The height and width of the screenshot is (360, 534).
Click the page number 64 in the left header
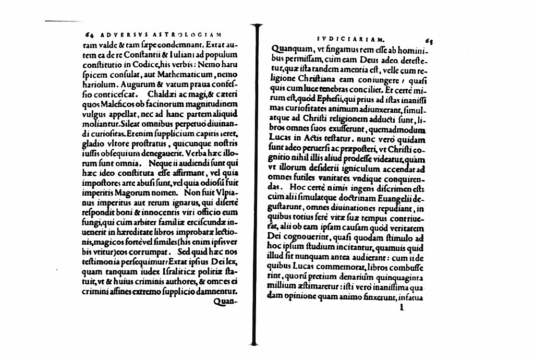[x=88, y=35]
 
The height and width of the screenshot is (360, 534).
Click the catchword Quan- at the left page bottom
[x=226, y=302]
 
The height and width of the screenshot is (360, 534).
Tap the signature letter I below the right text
[x=401, y=308]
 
